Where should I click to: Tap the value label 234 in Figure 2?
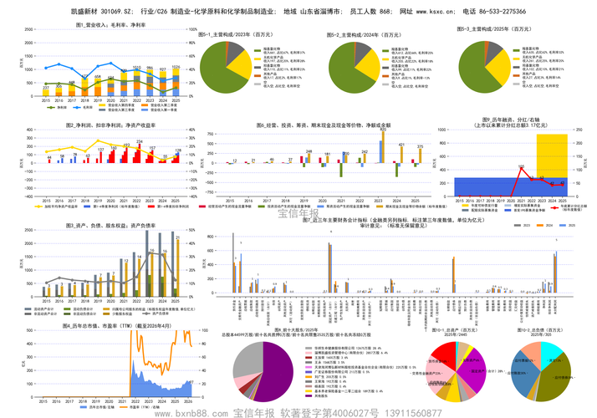coord(140,142)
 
